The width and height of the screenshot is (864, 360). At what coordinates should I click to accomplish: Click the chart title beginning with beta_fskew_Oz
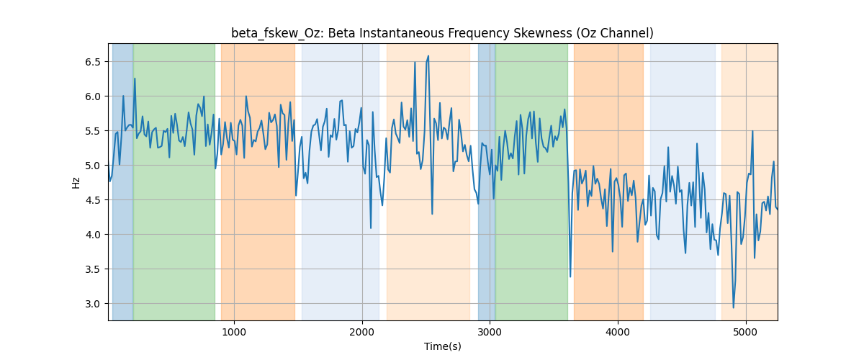click(442, 33)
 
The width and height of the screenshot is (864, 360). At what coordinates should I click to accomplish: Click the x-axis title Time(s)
click(442, 346)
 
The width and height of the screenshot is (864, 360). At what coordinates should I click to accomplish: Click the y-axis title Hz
click(76, 183)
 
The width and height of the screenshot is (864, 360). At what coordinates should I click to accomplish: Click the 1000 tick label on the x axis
click(234, 332)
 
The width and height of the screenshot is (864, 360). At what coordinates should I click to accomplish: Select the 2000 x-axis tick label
click(362, 332)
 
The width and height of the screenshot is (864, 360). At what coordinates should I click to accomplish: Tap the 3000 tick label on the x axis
click(490, 332)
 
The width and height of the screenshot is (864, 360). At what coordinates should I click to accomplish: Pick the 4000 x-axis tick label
click(618, 332)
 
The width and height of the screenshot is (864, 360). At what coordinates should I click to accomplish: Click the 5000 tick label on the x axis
click(746, 332)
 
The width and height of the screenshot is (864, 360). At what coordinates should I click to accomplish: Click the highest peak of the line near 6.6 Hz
click(428, 56)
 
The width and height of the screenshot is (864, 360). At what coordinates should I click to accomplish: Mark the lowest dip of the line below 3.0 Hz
click(733, 307)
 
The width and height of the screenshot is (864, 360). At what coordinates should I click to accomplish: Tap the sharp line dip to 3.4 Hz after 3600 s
click(570, 276)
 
